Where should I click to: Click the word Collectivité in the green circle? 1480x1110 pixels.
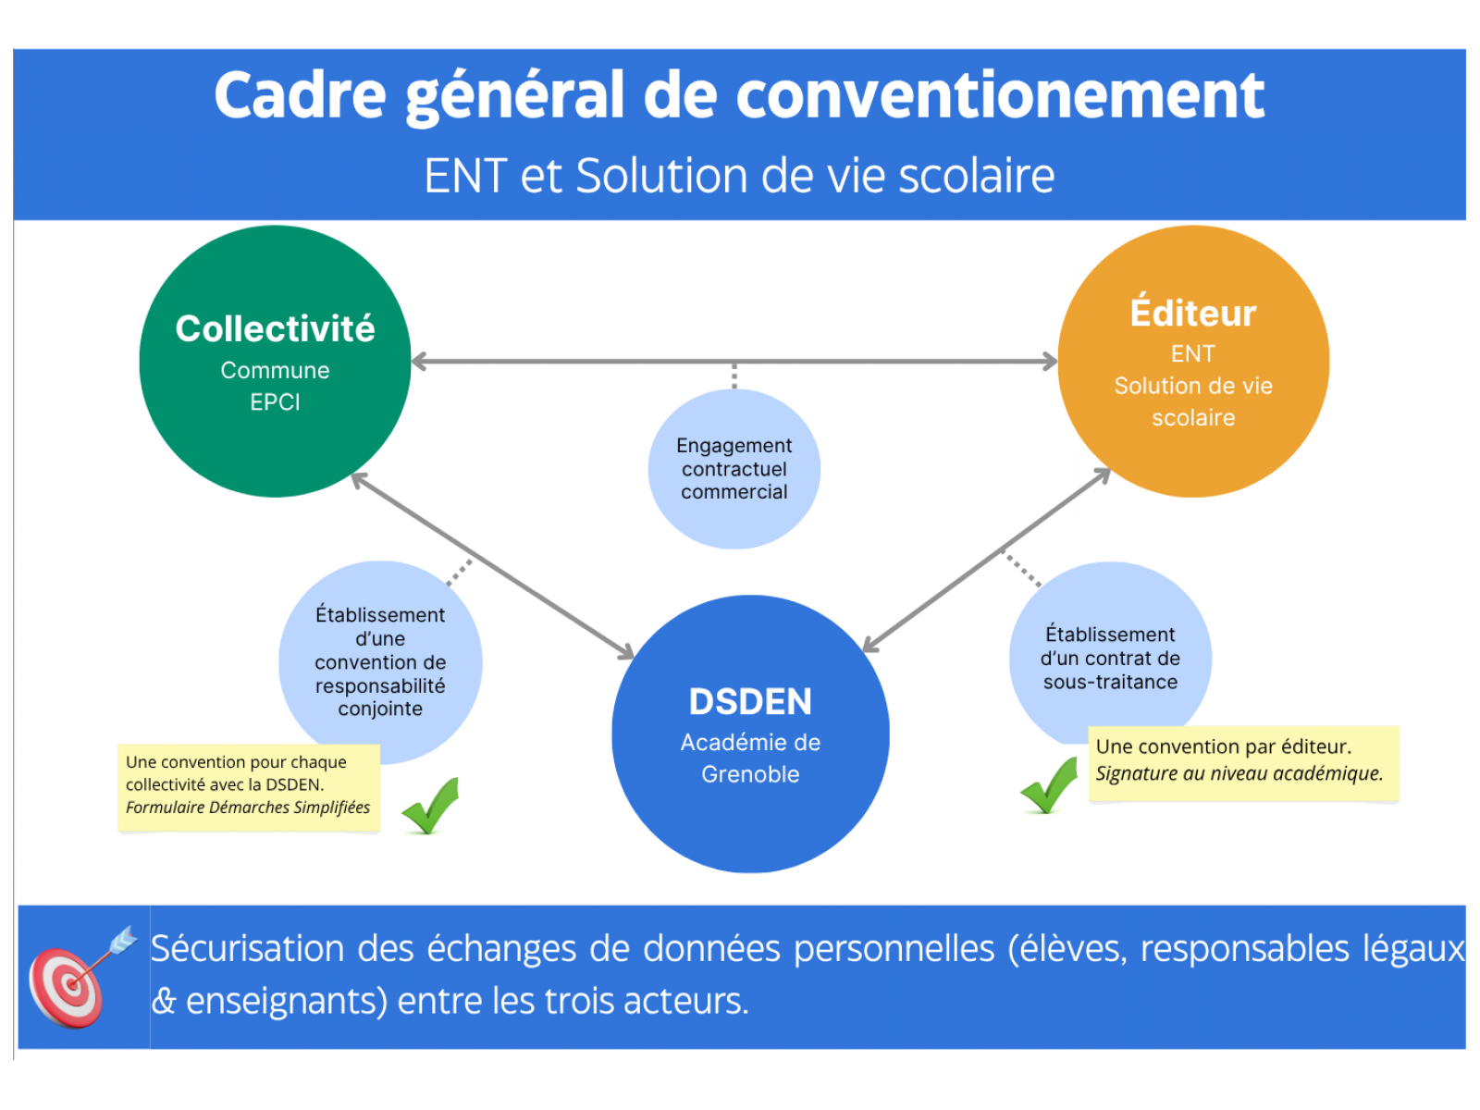pos(275,329)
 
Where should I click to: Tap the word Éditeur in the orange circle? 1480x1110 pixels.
pos(1193,312)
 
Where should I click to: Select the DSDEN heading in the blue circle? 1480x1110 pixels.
pos(750,701)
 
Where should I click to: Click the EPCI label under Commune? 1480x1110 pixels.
pos(275,402)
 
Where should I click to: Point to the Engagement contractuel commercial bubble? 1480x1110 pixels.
pos(734,469)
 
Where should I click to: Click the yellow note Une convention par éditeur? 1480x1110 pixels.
pos(1243,764)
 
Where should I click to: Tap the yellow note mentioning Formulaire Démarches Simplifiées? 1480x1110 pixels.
pos(249,788)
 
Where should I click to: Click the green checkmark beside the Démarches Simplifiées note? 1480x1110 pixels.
pos(432,807)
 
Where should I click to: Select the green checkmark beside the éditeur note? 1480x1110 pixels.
pos(1049,786)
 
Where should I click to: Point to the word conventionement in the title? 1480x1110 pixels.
pos(1000,95)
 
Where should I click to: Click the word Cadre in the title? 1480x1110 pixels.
pos(301,95)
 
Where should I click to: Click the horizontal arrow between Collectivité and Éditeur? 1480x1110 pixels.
pos(734,362)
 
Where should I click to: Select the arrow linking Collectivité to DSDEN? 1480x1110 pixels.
pos(493,566)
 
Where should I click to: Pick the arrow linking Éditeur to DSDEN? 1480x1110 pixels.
pos(986,561)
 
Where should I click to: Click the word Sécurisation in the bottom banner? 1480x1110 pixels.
pos(247,950)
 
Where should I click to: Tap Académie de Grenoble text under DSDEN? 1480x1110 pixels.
pos(750,758)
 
